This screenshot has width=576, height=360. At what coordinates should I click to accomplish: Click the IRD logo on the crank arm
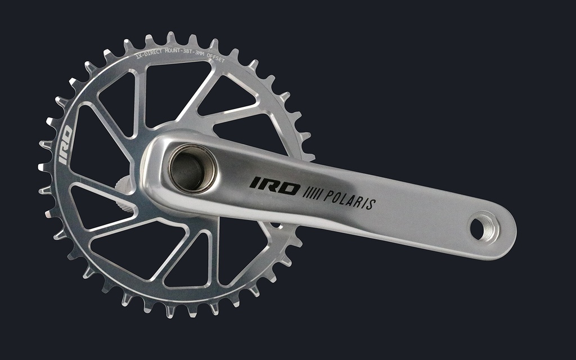click(274, 186)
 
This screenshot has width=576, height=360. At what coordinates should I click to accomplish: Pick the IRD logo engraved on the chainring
click(65, 146)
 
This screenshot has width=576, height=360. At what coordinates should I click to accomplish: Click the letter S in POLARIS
click(371, 204)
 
